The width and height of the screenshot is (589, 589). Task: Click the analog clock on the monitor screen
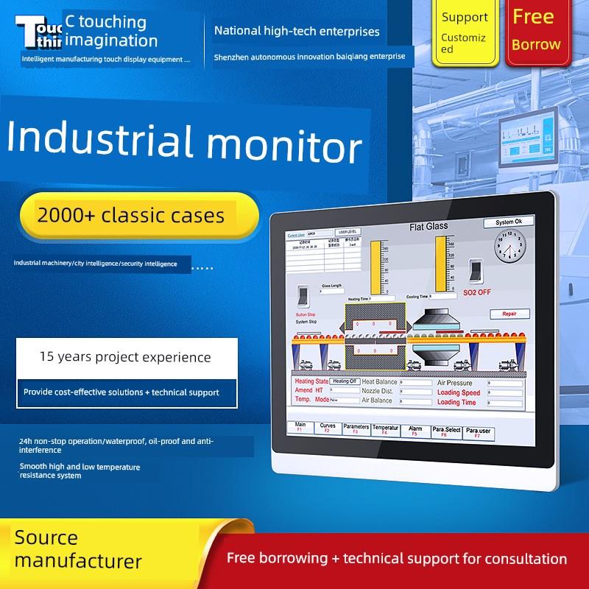(x=509, y=247)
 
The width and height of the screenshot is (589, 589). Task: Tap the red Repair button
(x=509, y=314)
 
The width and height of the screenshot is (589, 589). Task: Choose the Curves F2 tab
(x=327, y=428)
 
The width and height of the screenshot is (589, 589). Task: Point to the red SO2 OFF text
(x=477, y=292)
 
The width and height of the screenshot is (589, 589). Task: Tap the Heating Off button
(x=343, y=381)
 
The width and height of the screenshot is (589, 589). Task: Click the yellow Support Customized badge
(x=464, y=32)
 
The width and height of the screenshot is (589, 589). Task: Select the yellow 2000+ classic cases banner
(x=130, y=216)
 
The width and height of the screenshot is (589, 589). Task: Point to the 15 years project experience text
(x=125, y=358)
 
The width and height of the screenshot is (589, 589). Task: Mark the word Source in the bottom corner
(x=46, y=537)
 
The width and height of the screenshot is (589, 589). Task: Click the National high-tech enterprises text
(x=297, y=32)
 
